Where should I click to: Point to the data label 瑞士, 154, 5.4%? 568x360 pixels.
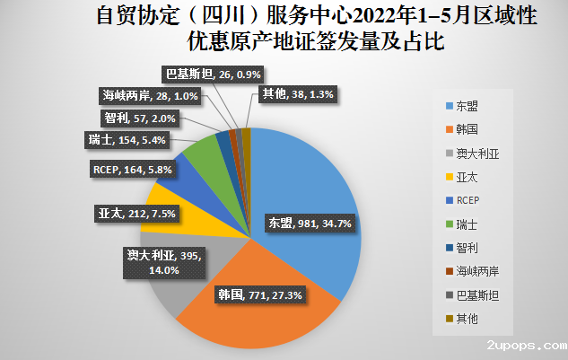click(x=130, y=139)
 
